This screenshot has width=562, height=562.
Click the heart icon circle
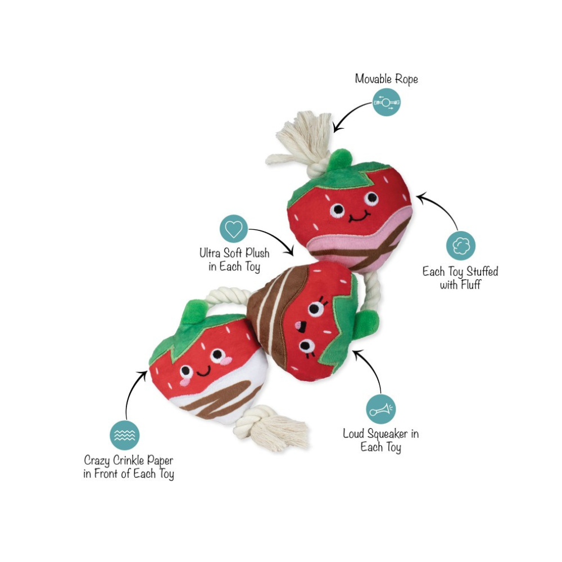(233, 229)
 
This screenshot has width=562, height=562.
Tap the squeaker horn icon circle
(381, 409)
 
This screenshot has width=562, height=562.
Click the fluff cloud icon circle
(461, 246)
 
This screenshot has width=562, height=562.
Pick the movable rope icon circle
(387, 102)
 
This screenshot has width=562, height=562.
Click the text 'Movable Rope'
(387, 79)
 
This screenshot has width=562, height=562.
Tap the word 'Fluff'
(468, 285)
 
